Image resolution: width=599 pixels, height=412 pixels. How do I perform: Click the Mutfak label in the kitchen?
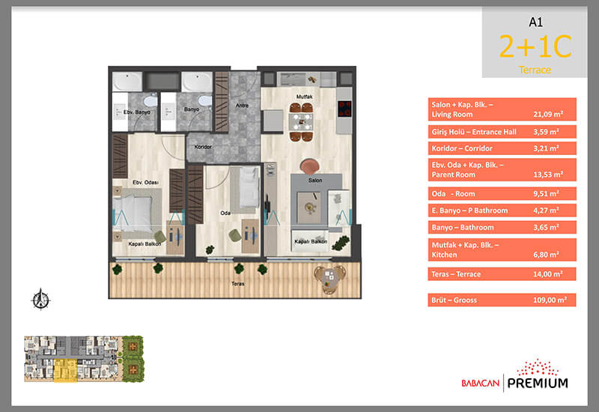click(x=305, y=97)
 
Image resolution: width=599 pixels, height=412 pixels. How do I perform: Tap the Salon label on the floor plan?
click(x=315, y=180)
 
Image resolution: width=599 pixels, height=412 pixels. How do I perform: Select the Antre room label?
click(x=242, y=105)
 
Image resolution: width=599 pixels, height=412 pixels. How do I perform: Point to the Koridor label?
click(x=203, y=147)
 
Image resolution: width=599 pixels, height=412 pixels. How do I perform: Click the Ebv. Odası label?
click(x=145, y=182)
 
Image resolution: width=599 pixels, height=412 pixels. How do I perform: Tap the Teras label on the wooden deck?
click(x=237, y=284)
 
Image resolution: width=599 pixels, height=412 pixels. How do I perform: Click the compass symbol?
click(x=40, y=299)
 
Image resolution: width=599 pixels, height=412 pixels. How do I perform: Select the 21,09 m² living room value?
click(x=548, y=114)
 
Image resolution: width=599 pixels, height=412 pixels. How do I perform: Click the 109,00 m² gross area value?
click(x=550, y=300)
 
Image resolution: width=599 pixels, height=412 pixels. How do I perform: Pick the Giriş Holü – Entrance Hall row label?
click(x=474, y=132)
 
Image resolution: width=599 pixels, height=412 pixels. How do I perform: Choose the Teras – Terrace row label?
click(x=456, y=274)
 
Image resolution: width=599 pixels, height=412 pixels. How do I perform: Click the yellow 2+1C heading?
click(x=535, y=46)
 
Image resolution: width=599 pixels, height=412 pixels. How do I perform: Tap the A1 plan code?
click(x=535, y=22)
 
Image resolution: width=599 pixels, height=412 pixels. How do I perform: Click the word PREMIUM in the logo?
click(x=538, y=383)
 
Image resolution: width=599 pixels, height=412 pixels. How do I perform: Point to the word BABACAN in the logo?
click(x=481, y=383)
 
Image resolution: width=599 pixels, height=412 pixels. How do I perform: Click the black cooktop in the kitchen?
click(x=344, y=109)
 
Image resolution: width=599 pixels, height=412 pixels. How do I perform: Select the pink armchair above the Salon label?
click(x=310, y=166)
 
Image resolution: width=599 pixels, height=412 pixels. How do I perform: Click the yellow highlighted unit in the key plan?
click(x=65, y=370)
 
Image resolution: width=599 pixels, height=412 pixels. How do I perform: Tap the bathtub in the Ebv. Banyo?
click(x=127, y=82)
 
